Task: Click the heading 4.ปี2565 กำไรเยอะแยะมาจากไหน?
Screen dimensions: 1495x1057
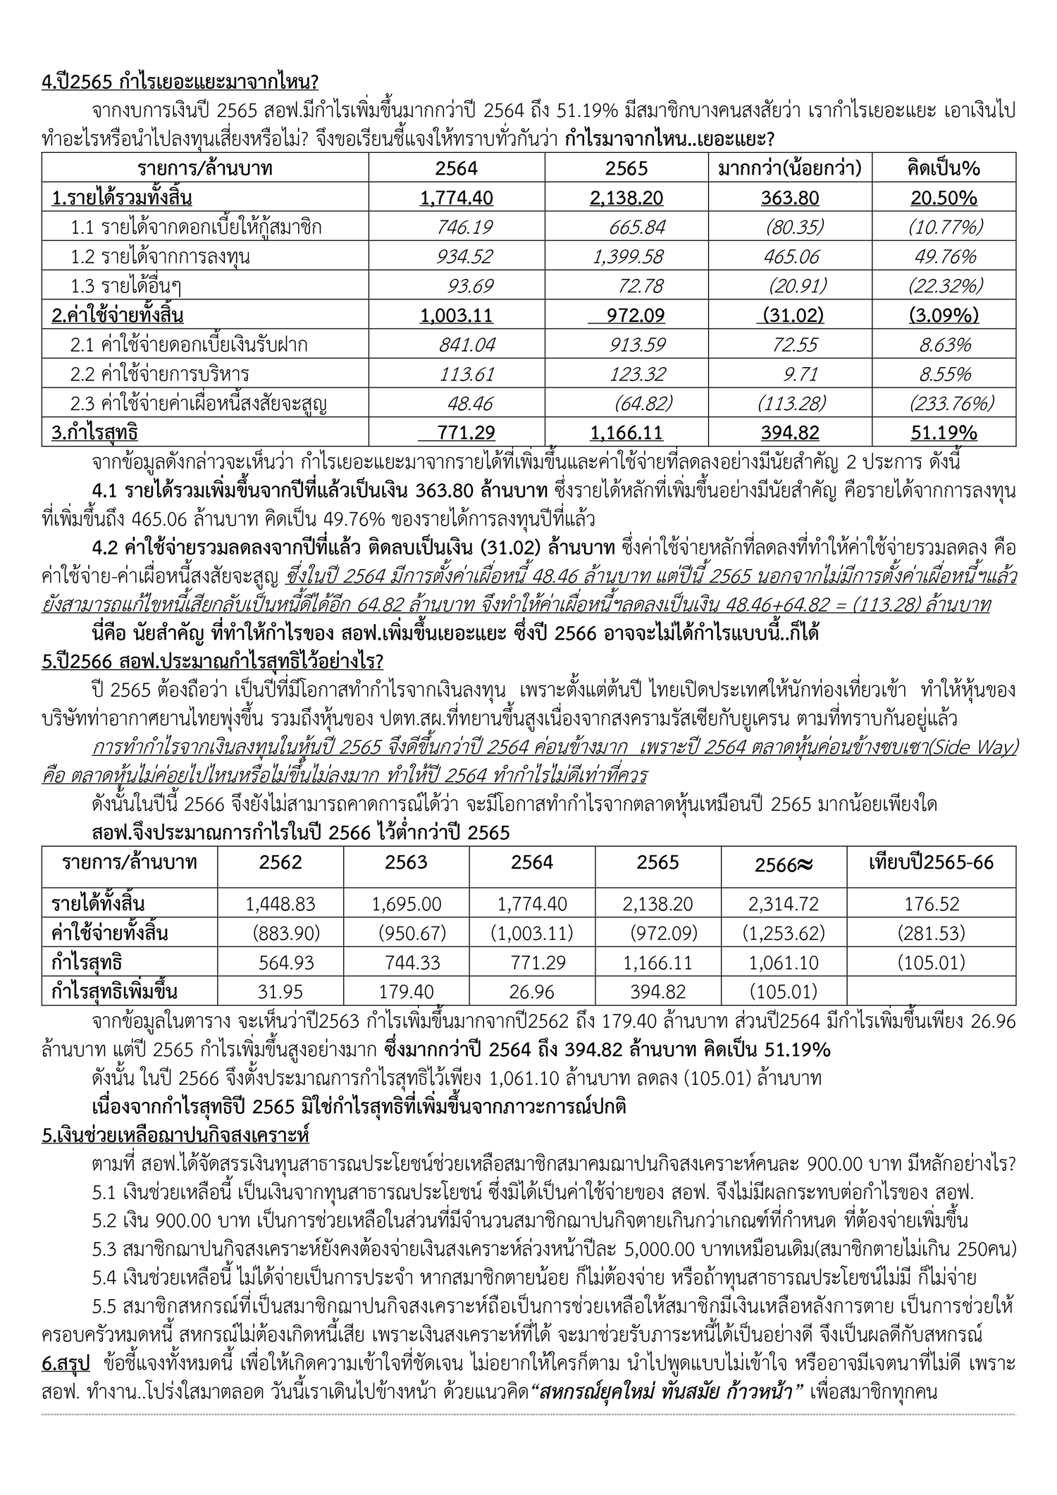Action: click(180, 82)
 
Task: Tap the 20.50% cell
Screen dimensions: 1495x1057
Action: click(944, 198)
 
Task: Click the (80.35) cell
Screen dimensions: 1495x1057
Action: click(795, 227)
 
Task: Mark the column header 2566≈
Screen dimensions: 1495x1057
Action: click(783, 864)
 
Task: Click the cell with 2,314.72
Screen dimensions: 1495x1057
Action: click(783, 904)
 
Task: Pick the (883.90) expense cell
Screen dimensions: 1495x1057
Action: click(286, 933)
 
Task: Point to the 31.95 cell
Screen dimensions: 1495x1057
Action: click(280, 992)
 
